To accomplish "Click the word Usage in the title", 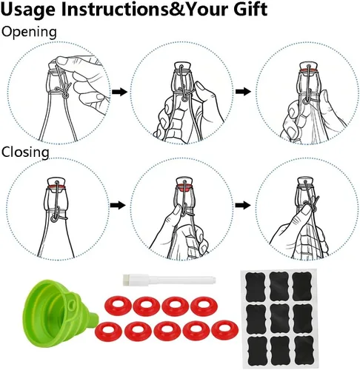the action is coord(28,10).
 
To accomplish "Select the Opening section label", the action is coord(29,33).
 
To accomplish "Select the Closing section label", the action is coord(25,152).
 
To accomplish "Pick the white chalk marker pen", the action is coord(169,280).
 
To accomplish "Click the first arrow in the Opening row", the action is coord(119,92).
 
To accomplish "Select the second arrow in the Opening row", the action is coord(243,91).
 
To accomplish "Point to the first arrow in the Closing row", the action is coord(118,205).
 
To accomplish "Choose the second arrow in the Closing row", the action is coord(243,205).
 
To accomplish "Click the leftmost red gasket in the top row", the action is coord(117,306).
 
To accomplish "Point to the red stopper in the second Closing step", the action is coord(184,187).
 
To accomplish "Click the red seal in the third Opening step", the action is coord(309,71).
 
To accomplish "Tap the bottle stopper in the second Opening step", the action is coord(182,66).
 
